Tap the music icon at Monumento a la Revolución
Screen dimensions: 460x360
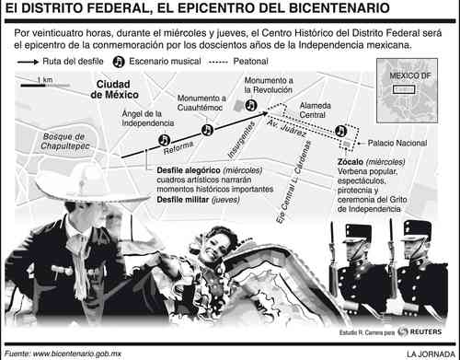coord(251,105)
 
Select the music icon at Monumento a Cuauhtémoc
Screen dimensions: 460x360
coord(207,130)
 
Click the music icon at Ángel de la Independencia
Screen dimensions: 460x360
coord(165,140)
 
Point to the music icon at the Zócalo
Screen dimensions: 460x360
coord(340,131)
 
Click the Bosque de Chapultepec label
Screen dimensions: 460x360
coord(64,141)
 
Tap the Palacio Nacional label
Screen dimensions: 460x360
coord(397,143)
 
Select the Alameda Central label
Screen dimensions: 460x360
coord(315,110)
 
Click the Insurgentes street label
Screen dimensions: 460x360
coord(241,140)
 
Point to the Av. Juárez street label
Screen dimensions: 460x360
coord(286,128)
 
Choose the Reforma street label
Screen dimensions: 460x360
coord(178,147)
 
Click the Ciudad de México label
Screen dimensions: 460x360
coord(114,89)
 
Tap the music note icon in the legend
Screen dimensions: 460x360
coord(119,62)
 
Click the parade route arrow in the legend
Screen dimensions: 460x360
coord(28,62)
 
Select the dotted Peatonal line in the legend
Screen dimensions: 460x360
coord(218,63)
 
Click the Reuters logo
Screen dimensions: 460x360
coord(420,331)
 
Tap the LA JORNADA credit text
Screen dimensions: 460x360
coord(431,354)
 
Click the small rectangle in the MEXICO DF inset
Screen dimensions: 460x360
coord(404,89)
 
